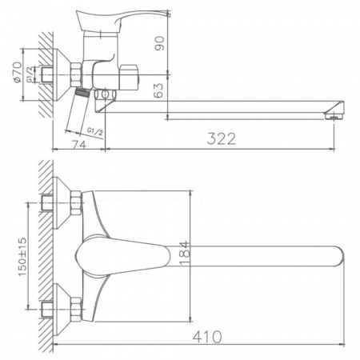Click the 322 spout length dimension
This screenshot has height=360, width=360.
pyautogui.click(x=220, y=138)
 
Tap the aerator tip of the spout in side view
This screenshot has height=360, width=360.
pyautogui.click(x=331, y=114)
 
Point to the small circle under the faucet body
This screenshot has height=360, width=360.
pyautogui.click(x=102, y=97)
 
